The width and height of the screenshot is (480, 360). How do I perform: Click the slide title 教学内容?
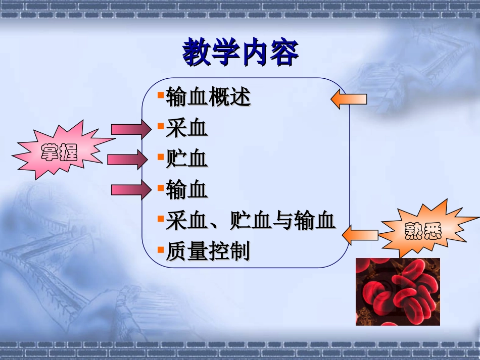pos(240,53)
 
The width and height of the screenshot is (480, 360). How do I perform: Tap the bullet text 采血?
pos(186,129)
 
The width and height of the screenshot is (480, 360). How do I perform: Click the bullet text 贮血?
pos(186,160)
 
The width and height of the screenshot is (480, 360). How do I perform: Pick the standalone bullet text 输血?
pos(186,190)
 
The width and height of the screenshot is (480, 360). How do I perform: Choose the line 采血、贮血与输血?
pos(251,221)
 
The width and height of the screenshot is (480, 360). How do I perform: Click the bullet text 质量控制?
pos(208,252)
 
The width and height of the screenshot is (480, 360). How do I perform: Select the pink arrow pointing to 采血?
pos(131,130)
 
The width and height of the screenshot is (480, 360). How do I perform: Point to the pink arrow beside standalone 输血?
pos(131,190)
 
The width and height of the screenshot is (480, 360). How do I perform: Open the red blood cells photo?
pos(398,291)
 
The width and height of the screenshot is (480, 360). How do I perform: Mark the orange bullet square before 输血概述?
pos(160,95)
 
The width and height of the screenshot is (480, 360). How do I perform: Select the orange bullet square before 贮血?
pos(160,157)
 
